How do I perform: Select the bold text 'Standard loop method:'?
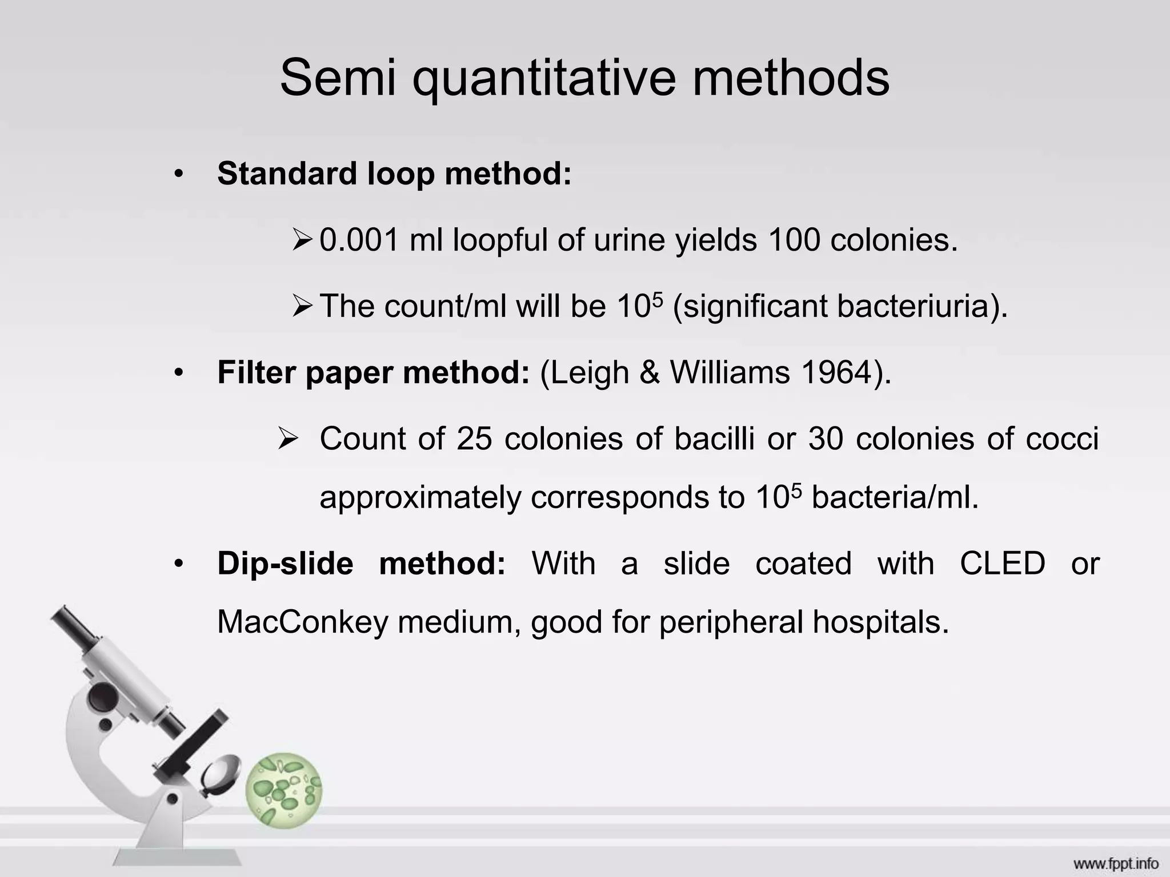(394, 174)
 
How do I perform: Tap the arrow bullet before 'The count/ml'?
(302, 307)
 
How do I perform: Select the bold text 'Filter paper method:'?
(374, 373)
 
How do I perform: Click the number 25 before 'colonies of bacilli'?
(474, 439)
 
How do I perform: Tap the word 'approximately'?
(420, 497)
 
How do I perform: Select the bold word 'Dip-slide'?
(285, 564)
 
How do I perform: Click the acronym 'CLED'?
(1002, 564)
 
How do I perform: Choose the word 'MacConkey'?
(302, 622)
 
